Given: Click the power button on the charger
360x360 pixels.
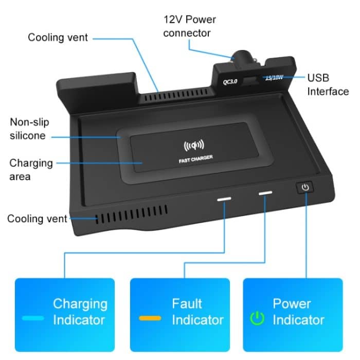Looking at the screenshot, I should (305, 187).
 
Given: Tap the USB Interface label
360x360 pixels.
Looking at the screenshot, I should (328, 85).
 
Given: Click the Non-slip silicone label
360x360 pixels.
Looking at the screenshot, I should (28, 129).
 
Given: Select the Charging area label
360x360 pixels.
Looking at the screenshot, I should (31, 170).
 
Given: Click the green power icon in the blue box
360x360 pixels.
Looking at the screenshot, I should (256, 318).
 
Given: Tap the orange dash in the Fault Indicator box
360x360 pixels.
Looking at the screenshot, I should (150, 318).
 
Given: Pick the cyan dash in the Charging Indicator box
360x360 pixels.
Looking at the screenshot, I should (33, 318).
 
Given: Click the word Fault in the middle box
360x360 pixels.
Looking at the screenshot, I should (187, 303).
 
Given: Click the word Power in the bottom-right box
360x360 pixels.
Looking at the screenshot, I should (292, 303).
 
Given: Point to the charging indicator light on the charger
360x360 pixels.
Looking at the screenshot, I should (224, 197).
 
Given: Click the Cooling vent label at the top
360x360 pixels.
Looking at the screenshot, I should (58, 38).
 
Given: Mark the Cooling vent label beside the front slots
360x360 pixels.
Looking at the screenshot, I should (37, 219).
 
